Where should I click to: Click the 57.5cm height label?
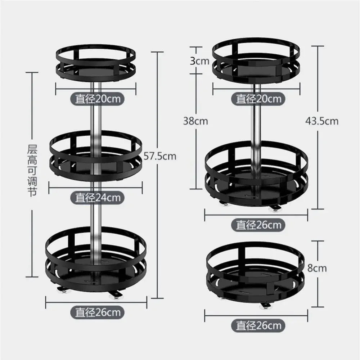pos(160,156)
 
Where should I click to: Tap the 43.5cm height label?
pos(321,121)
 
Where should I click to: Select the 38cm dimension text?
pos(195,121)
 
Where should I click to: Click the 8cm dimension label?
pos(318,268)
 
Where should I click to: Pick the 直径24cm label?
pos(98,197)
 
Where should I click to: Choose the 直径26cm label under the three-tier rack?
pos(98,312)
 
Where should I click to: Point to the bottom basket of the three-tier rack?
pos(96,259)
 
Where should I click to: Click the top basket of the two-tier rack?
pos(256,61)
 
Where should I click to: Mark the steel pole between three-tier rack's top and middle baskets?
pos(95,108)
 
